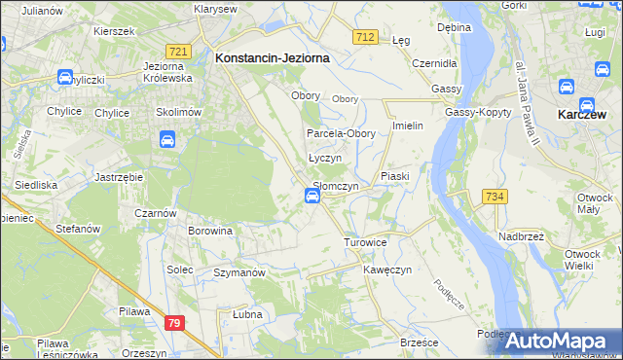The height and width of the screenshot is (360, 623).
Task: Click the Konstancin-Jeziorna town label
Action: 272,57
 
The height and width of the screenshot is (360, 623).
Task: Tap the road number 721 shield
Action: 177,51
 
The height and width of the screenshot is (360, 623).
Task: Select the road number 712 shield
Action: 365,36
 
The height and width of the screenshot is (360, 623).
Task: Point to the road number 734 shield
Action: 494,198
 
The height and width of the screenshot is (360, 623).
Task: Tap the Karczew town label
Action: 585,114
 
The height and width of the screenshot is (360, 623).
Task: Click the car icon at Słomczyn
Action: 312,197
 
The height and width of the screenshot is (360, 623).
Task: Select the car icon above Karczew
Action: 587,4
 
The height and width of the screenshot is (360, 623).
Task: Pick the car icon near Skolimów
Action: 166,140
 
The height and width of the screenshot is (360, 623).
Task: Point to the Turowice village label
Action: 365,241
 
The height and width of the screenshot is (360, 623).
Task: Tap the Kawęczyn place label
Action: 388,269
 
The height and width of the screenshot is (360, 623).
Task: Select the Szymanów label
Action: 239,273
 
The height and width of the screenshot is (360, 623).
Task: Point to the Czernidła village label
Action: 434,62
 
